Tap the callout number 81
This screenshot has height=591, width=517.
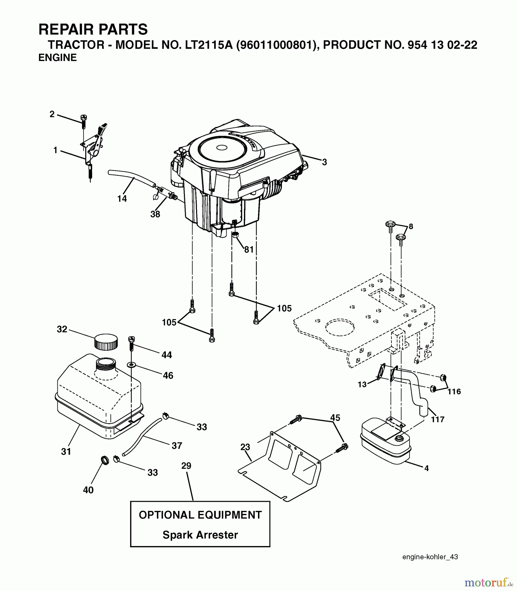tap(249, 250)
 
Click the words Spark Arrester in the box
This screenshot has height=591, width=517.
tap(200, 535)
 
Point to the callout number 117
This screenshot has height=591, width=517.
tap(438, 419)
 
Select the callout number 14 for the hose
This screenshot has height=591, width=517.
tap(122, 198)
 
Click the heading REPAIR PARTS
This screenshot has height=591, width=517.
tap(93, 30)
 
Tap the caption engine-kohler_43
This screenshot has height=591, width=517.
tap(430, 557)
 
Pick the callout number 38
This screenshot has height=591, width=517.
tap(155, 214)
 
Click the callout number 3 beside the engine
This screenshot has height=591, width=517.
tap(324, 162)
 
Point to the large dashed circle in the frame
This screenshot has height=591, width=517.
tap(340, 327)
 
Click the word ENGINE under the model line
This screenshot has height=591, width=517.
tap(57, 57)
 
